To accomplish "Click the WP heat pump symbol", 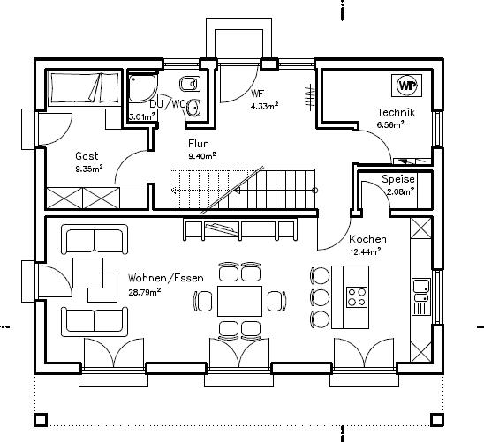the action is tap(406, 86).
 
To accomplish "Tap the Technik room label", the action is tap(396, 113).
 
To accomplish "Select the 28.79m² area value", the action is tap(145, 292).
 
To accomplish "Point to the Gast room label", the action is tap(87, 155).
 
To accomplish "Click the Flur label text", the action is tap(198, 143).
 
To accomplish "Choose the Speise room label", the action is tap(398, 179).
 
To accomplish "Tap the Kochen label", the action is tap(367, 239).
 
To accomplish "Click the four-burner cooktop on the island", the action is tap(357, 297).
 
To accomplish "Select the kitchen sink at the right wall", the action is tap(421, 296).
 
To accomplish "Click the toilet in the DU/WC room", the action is tap(188, 84).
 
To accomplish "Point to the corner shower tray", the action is tap(141, 87).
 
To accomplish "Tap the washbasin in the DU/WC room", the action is tap(193, 108).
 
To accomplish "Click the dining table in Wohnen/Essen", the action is tap(239, 301).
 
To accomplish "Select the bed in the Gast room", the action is tap(84, 87).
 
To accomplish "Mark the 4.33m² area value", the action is tap(265, 107).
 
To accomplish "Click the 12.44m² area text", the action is tap(365, 251).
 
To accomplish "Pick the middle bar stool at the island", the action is tap(320, 296).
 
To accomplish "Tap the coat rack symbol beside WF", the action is tap(310, 97).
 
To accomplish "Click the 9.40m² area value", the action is tap(202, 156).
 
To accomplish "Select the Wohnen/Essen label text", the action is tap(166, 278).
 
